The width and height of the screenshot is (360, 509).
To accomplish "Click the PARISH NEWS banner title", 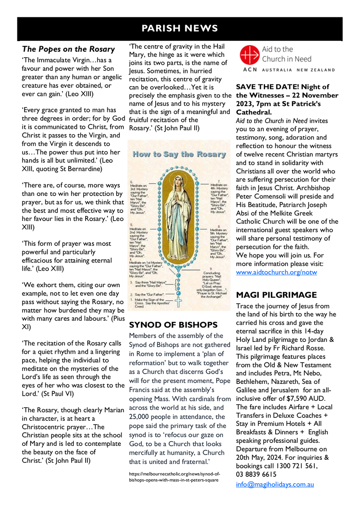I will tap(180, 28).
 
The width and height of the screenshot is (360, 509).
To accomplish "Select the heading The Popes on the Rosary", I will tap(68, 49).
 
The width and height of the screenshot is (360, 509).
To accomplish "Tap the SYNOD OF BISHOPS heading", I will tap(173, 325).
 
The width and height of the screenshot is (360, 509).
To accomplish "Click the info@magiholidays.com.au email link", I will tap(275, 484).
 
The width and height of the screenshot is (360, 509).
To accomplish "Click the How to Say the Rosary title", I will tap(180, 154).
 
